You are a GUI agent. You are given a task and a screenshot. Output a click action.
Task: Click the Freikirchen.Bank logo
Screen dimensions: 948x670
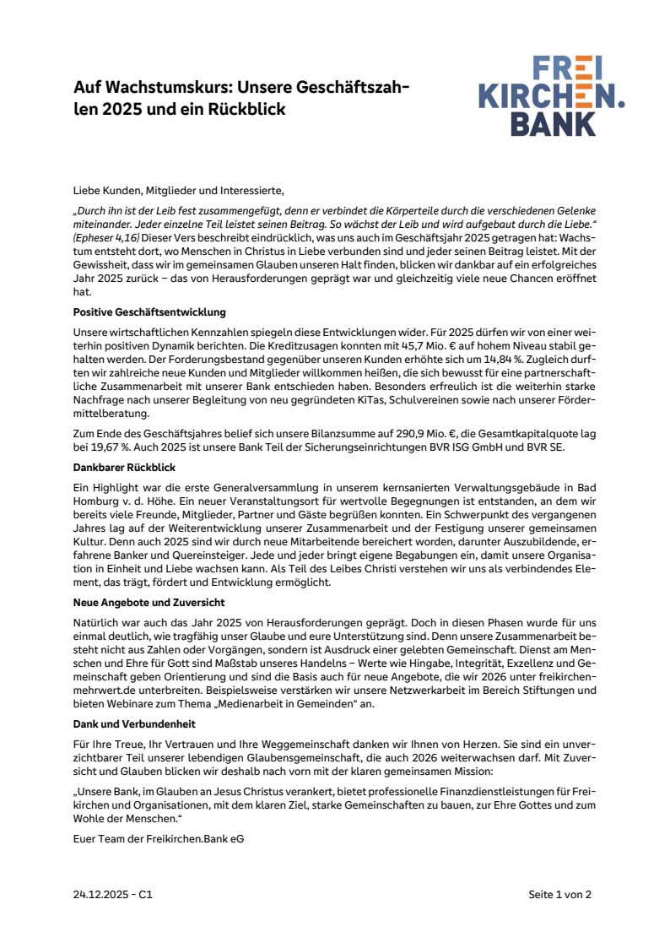[x=552, y=95]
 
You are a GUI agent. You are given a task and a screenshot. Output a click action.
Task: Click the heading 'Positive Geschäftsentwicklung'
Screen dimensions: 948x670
[x=149, y=312]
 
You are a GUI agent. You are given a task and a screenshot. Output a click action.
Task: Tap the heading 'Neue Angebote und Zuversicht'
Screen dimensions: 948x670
[x=149, y=603]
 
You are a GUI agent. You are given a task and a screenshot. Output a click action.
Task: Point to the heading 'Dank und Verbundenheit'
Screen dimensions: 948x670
[x=133, y=723]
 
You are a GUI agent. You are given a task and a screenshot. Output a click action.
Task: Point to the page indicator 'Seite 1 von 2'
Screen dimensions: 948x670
[x=560, y=896]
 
